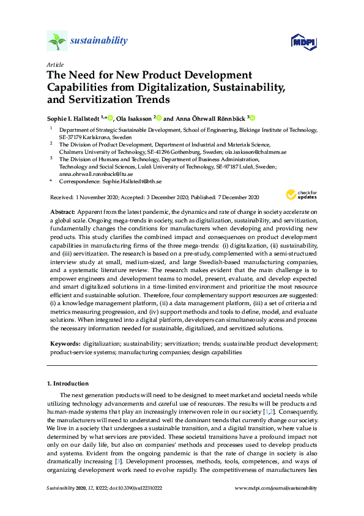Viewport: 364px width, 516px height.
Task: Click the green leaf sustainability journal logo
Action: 57,41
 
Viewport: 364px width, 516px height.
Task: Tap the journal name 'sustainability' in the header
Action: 100,41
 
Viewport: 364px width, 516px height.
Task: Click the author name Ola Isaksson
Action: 135,118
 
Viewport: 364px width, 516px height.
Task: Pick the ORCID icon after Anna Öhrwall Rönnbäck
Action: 251,118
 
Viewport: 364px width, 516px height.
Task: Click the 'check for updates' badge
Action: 300,195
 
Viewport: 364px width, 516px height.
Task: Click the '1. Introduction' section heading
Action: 67,383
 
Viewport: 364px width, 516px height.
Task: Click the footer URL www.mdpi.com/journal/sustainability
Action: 276,488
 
